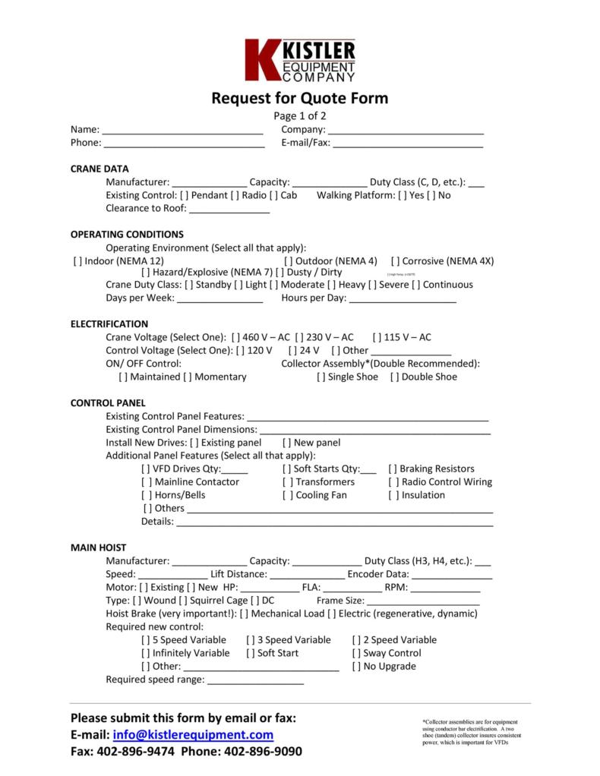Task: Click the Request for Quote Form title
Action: pyautogui.click(x=299, y=98)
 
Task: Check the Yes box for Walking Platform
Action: pyautogui.click(x=403, y=195)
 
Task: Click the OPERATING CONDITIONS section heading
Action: pyautogui.click(x=127, y=235)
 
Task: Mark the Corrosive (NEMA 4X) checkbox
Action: pyautogui.click(x=396, y=260)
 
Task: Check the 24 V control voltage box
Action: pyautogui.click(x=293, y=351)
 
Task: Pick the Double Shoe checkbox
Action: pyautogui.click(x=395, y=377)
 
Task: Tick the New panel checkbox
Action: pyautogui.click(x=287, y=443)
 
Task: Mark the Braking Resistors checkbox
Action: pyautogui.click(x=393, y=468)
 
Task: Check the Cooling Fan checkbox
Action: pyautogui.click(x=287, y=495)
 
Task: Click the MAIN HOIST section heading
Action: pyautogui.click(x=99, y=547)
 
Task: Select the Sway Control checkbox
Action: pyautogui.click(x=357, y=653)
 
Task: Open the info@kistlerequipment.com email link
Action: pyautogui.click(x=193, y=735)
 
